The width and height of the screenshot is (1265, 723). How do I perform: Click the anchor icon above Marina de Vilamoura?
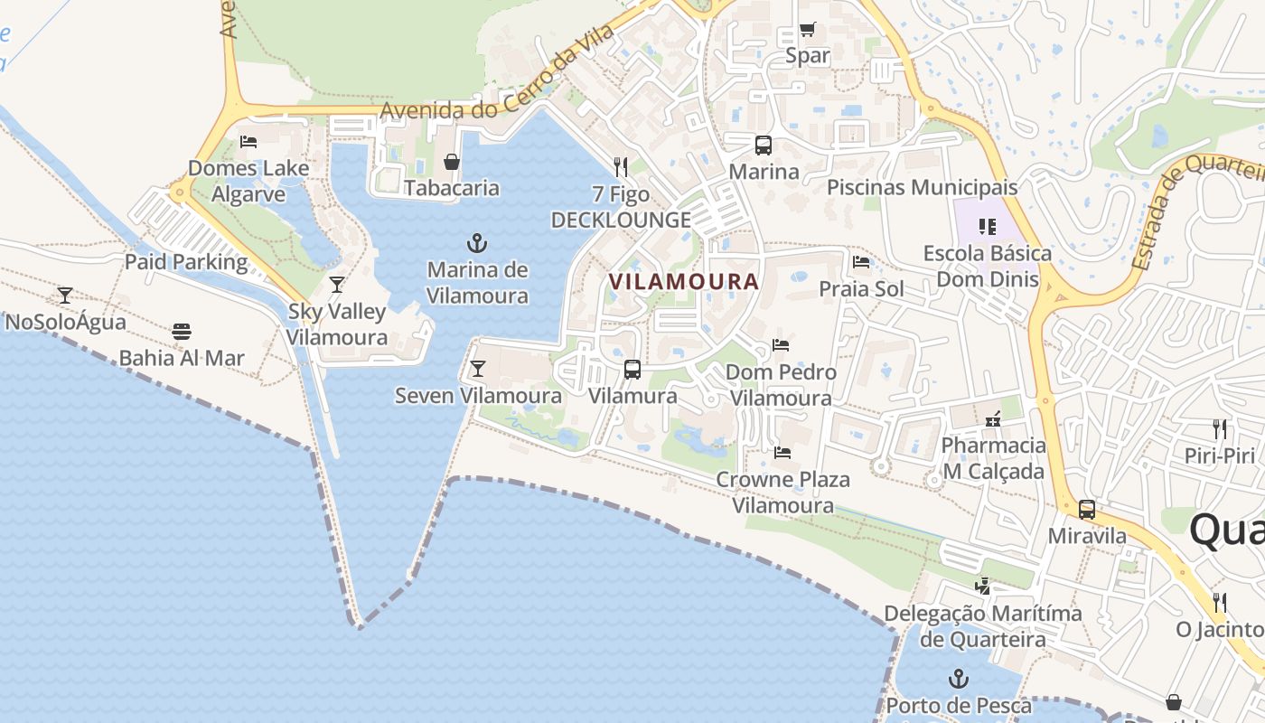476,243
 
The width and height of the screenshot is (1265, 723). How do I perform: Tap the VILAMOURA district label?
683,281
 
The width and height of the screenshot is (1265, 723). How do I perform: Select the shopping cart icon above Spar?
807,30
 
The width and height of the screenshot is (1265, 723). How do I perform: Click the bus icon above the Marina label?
764,145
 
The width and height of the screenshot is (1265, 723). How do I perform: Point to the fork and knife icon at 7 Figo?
621,166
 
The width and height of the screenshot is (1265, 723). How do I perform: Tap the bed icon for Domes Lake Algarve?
248,141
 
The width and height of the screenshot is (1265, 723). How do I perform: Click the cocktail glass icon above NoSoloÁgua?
65,295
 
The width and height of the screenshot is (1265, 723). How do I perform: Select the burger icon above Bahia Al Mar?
182,331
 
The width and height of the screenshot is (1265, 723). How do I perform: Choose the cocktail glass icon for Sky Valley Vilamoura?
337,285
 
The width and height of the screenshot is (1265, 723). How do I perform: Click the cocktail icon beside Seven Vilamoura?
477,369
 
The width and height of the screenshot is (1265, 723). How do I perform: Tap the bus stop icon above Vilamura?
632,369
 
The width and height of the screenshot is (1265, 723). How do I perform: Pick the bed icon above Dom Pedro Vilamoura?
781,345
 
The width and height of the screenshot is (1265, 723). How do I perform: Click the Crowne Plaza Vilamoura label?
783,492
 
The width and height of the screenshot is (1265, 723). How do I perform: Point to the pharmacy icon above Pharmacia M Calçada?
993,419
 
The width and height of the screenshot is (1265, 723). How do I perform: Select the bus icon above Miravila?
1087,510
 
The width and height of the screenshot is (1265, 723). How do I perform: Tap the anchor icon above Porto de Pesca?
958,678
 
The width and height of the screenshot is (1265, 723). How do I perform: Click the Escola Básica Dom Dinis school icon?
987,226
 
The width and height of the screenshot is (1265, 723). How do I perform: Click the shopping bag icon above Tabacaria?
451,162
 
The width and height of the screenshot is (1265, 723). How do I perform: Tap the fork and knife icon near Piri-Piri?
1220,428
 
